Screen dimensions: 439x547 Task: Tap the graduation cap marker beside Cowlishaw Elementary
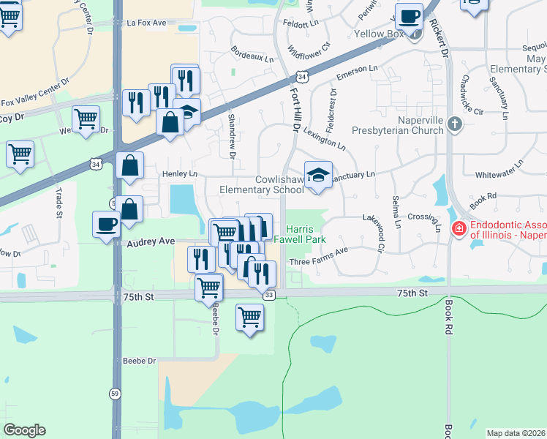[x=318, y=176]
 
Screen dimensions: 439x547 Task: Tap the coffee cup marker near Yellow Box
[x=410, y=17]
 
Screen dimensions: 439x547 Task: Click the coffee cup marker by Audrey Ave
[x=107, y=224]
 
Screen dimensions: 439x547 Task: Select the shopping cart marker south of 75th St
[x=250, y=318]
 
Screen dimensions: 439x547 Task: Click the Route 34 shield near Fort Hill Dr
[x=302, y=76]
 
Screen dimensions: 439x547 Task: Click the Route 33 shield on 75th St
[x=270, y=294]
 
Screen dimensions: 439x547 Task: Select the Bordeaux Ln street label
[x=252, y=56]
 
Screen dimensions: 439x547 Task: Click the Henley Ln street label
[x=180, y=174]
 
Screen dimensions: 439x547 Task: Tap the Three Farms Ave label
[x=318, y=260]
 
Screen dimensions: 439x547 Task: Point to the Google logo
[x=24, y=430]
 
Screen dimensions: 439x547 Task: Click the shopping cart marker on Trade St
[x=20, y=154]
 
